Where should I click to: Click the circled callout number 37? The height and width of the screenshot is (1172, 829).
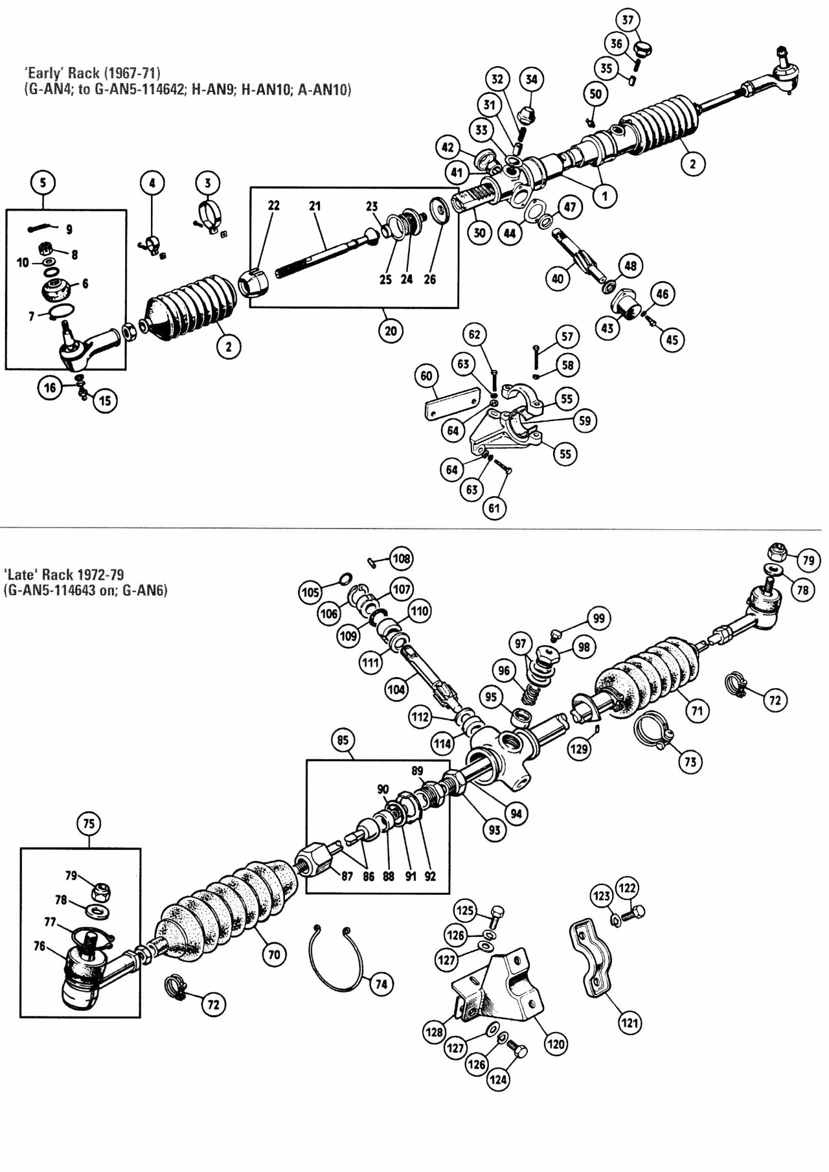(628, 20)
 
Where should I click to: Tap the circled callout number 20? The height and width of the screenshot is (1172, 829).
(391, 330)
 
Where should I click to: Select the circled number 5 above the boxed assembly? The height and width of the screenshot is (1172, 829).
(43, 183)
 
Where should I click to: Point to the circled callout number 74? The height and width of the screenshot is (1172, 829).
(381, 984)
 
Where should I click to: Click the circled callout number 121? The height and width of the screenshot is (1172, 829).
(630, 1022)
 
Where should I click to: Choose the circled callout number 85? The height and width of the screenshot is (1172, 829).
(343, 740)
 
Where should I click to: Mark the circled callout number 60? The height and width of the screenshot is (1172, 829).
(426, 376)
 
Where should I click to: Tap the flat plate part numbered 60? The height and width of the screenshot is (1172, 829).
(452, 404)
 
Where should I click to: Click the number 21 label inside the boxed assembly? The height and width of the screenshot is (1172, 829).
(315, 206)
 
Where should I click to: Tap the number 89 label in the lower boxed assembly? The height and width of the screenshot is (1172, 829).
(418, 771)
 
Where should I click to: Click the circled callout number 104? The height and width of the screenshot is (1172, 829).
(396, 689)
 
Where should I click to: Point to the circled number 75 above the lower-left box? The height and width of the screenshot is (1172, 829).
(89, 823)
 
